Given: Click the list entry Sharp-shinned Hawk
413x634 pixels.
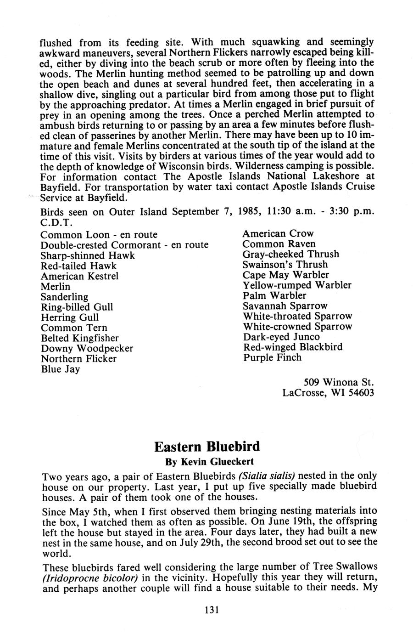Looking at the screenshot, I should tap(88, 255).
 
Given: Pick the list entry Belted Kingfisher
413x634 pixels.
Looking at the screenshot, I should tap(80, 338).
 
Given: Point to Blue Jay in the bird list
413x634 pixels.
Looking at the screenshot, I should tap(61, 369).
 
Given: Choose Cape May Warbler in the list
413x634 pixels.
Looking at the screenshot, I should tap(286, 275).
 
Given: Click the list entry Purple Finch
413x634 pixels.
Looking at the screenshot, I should tap(272, 357).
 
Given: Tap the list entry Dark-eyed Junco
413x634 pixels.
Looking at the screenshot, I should tap(281, 337).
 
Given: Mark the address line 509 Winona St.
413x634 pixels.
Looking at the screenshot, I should tap(339, 382).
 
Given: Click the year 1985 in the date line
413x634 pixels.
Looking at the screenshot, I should tap(250, 212).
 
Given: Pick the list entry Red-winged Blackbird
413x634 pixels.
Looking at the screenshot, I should tap(293, 347).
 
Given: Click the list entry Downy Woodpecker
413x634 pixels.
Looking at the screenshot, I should tap(87, 348).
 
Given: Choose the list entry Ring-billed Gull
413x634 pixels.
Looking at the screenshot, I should tap(77, 307).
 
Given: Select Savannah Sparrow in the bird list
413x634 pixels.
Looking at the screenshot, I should tap(285, 306).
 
